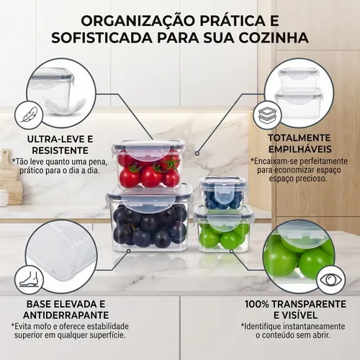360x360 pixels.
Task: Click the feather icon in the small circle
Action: pos(30,114)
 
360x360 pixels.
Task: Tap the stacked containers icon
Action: pos(268,116)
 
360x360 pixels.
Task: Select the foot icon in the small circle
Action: pos(29,279)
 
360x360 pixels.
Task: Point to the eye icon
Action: pos(330,279)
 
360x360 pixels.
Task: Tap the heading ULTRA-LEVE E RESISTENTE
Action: pos(60,145)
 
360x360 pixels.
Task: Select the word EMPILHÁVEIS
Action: pos(300,149)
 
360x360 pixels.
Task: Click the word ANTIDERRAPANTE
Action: pos(66,315)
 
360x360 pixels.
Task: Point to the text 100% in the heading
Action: pos(257,304)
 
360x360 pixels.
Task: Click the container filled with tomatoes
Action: pos(149,164)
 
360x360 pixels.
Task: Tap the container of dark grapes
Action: pos(149,218)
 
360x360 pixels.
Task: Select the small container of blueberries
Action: pos(222,193)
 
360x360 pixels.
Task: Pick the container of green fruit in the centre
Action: pos(223,228)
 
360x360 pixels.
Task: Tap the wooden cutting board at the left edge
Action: pos(9,177)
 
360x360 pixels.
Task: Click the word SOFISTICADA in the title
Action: pos(102,38)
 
